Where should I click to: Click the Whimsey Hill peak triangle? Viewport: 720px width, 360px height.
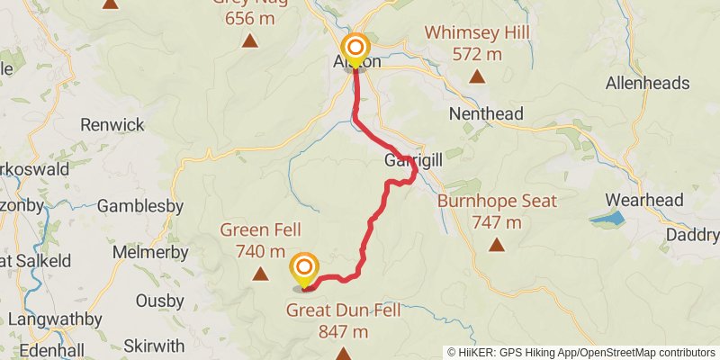(477, 76)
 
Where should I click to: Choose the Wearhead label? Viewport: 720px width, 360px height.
(643, 200)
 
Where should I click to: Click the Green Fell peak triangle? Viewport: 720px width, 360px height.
(260, 274)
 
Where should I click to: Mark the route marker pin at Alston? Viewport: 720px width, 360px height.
(355, 49)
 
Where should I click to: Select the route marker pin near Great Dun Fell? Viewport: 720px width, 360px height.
(305, 267)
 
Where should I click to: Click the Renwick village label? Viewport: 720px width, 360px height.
(112, 124)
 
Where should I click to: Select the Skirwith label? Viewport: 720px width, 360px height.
(154, 346)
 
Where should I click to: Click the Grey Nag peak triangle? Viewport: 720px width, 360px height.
(249, 40)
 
